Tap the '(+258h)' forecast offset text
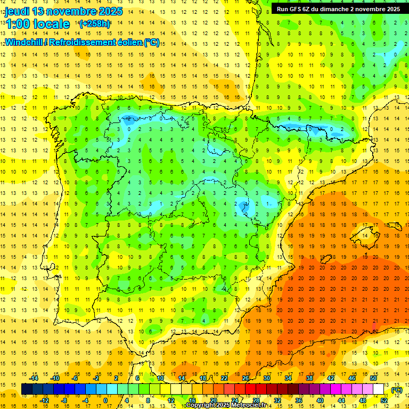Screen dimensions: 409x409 coord(95,23)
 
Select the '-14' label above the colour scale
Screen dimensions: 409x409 coord(35,378)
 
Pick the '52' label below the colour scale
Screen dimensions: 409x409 coord(384,400)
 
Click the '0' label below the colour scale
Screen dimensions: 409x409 coord(105,400)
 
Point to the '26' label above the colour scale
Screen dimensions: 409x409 coord(245,378)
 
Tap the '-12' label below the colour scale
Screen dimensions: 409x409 coord(45,400)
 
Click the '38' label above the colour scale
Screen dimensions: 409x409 coord(309,378)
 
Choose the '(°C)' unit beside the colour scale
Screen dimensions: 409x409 coord(396,390)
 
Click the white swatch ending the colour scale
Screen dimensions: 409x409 coord(378,389)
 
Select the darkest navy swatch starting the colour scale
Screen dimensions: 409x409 coord(27,389)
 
